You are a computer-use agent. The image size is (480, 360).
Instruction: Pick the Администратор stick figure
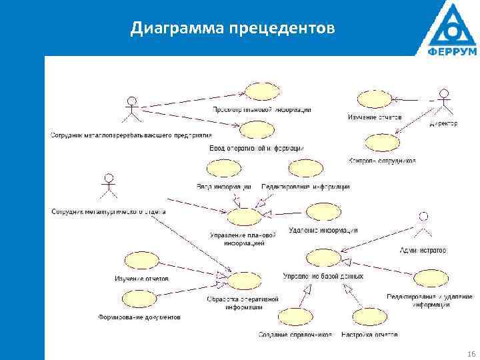(x=421, y=225)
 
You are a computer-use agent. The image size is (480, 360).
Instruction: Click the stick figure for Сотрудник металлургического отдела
(x=108, y=187)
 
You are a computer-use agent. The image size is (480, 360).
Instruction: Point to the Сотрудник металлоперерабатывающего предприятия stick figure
(x=133, y=109)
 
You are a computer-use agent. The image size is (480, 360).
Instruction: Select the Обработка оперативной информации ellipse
(x=243, y=281)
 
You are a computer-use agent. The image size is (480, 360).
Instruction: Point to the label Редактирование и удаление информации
(x=430, y=301)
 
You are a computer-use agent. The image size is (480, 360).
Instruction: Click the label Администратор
(x=422, y=251)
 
